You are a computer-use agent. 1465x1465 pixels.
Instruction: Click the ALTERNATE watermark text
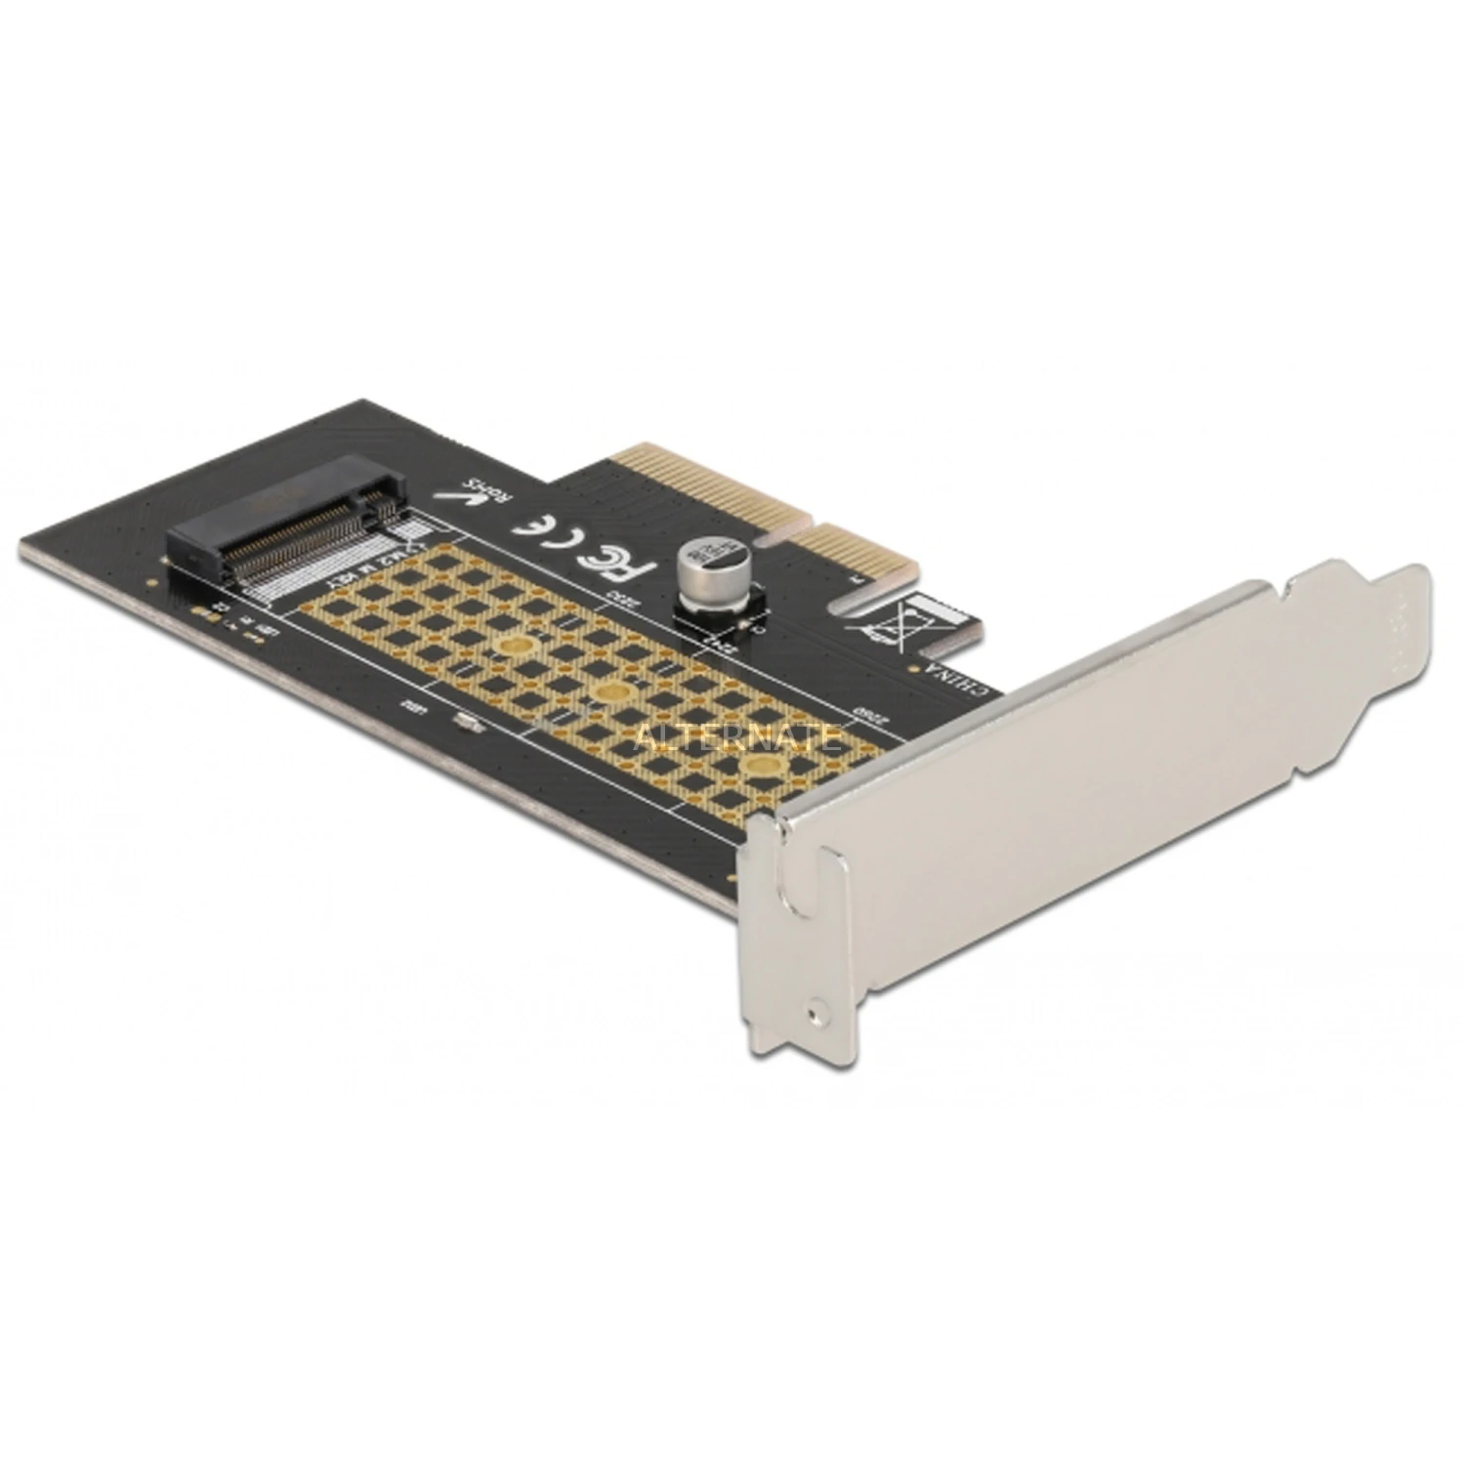click(736, 736)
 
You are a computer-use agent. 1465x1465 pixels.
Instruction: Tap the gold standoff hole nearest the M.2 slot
click(516, 644)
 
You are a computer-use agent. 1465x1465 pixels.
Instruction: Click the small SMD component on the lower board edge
click(467, 722)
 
